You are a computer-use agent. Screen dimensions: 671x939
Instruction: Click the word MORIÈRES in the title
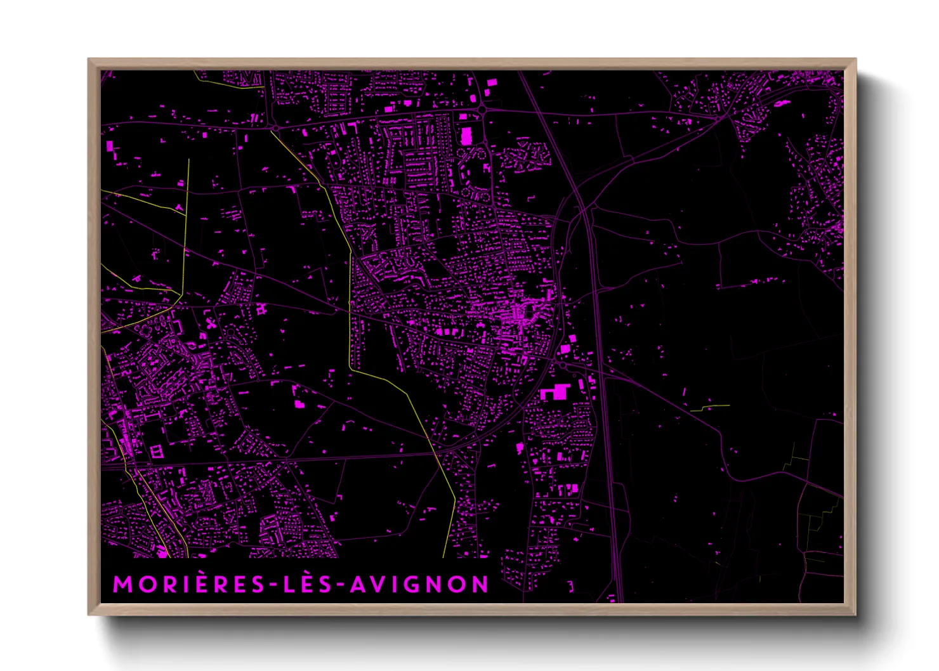[188, 585]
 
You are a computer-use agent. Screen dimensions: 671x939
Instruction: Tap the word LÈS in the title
[308, 585]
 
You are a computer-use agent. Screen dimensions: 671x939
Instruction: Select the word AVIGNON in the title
[419, 585]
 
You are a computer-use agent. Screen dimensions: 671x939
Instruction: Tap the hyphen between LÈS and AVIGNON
[343, 585]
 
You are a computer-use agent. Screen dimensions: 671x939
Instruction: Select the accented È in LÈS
[308, 583]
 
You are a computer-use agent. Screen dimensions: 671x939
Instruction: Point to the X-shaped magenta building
[211, 323]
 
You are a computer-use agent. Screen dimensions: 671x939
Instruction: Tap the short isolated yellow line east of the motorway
[711, 407]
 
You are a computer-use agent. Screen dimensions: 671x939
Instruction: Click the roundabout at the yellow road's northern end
[275, 128]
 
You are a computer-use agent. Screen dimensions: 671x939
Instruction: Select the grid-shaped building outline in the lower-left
[156, 452]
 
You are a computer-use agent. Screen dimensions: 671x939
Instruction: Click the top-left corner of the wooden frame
[89, 60]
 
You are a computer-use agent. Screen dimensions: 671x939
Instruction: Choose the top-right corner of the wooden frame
[855, 60]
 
